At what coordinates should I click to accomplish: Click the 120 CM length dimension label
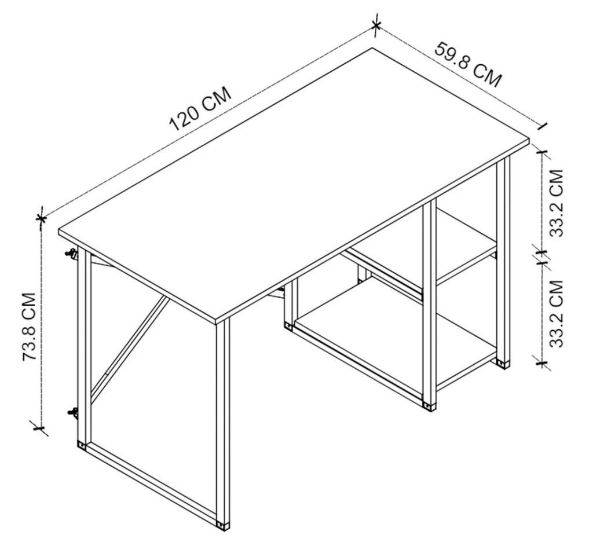(200, 108)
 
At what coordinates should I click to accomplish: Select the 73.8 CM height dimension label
(30, 327)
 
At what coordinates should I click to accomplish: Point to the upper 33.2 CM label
(557, 203)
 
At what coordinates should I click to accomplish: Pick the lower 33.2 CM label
(557, 313)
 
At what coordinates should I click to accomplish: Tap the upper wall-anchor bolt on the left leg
(71, 254)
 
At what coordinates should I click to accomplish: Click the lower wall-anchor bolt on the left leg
(72, 413)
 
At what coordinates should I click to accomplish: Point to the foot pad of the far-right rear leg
(503, 364)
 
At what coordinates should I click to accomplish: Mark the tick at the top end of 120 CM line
(375, 25)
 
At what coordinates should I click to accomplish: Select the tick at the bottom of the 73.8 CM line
(39, 428)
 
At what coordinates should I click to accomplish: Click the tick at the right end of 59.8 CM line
(543, 127)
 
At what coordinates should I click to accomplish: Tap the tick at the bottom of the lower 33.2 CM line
(542, 364)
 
